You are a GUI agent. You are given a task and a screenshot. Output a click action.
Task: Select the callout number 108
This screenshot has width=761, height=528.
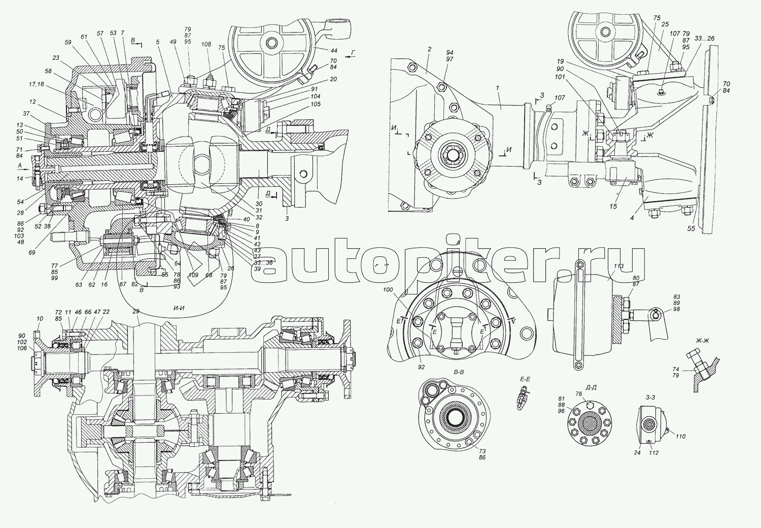point(206,45)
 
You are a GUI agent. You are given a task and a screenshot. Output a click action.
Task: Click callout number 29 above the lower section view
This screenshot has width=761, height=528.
point(135,311)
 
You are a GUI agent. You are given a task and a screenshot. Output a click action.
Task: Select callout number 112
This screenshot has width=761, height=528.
point(654,453)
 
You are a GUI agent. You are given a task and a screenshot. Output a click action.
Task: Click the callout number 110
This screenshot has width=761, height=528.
point(680,436)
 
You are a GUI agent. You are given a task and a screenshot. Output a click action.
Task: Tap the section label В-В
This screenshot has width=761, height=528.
point(459,372)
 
